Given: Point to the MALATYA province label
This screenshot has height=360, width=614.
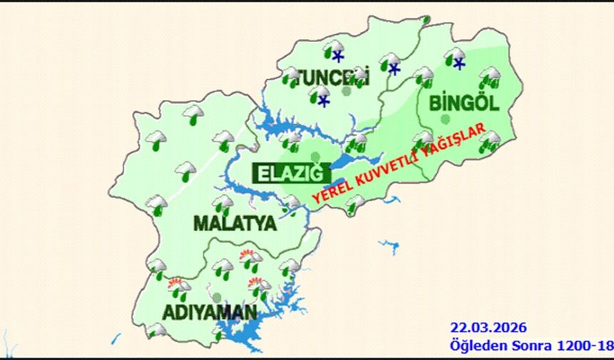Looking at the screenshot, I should tap(234, 223).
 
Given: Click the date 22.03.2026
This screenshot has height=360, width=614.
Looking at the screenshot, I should tap(488, 328).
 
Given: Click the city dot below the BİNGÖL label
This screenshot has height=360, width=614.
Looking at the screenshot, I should tap(446, 119).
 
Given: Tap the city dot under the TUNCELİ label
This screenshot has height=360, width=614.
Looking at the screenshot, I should tap(346, 91).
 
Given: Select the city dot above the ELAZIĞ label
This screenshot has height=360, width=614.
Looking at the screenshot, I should tap(316, 157).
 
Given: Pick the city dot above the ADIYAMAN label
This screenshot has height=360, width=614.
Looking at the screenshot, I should tap(216, 296).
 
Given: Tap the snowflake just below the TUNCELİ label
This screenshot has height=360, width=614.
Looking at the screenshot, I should tap(324, 101).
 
